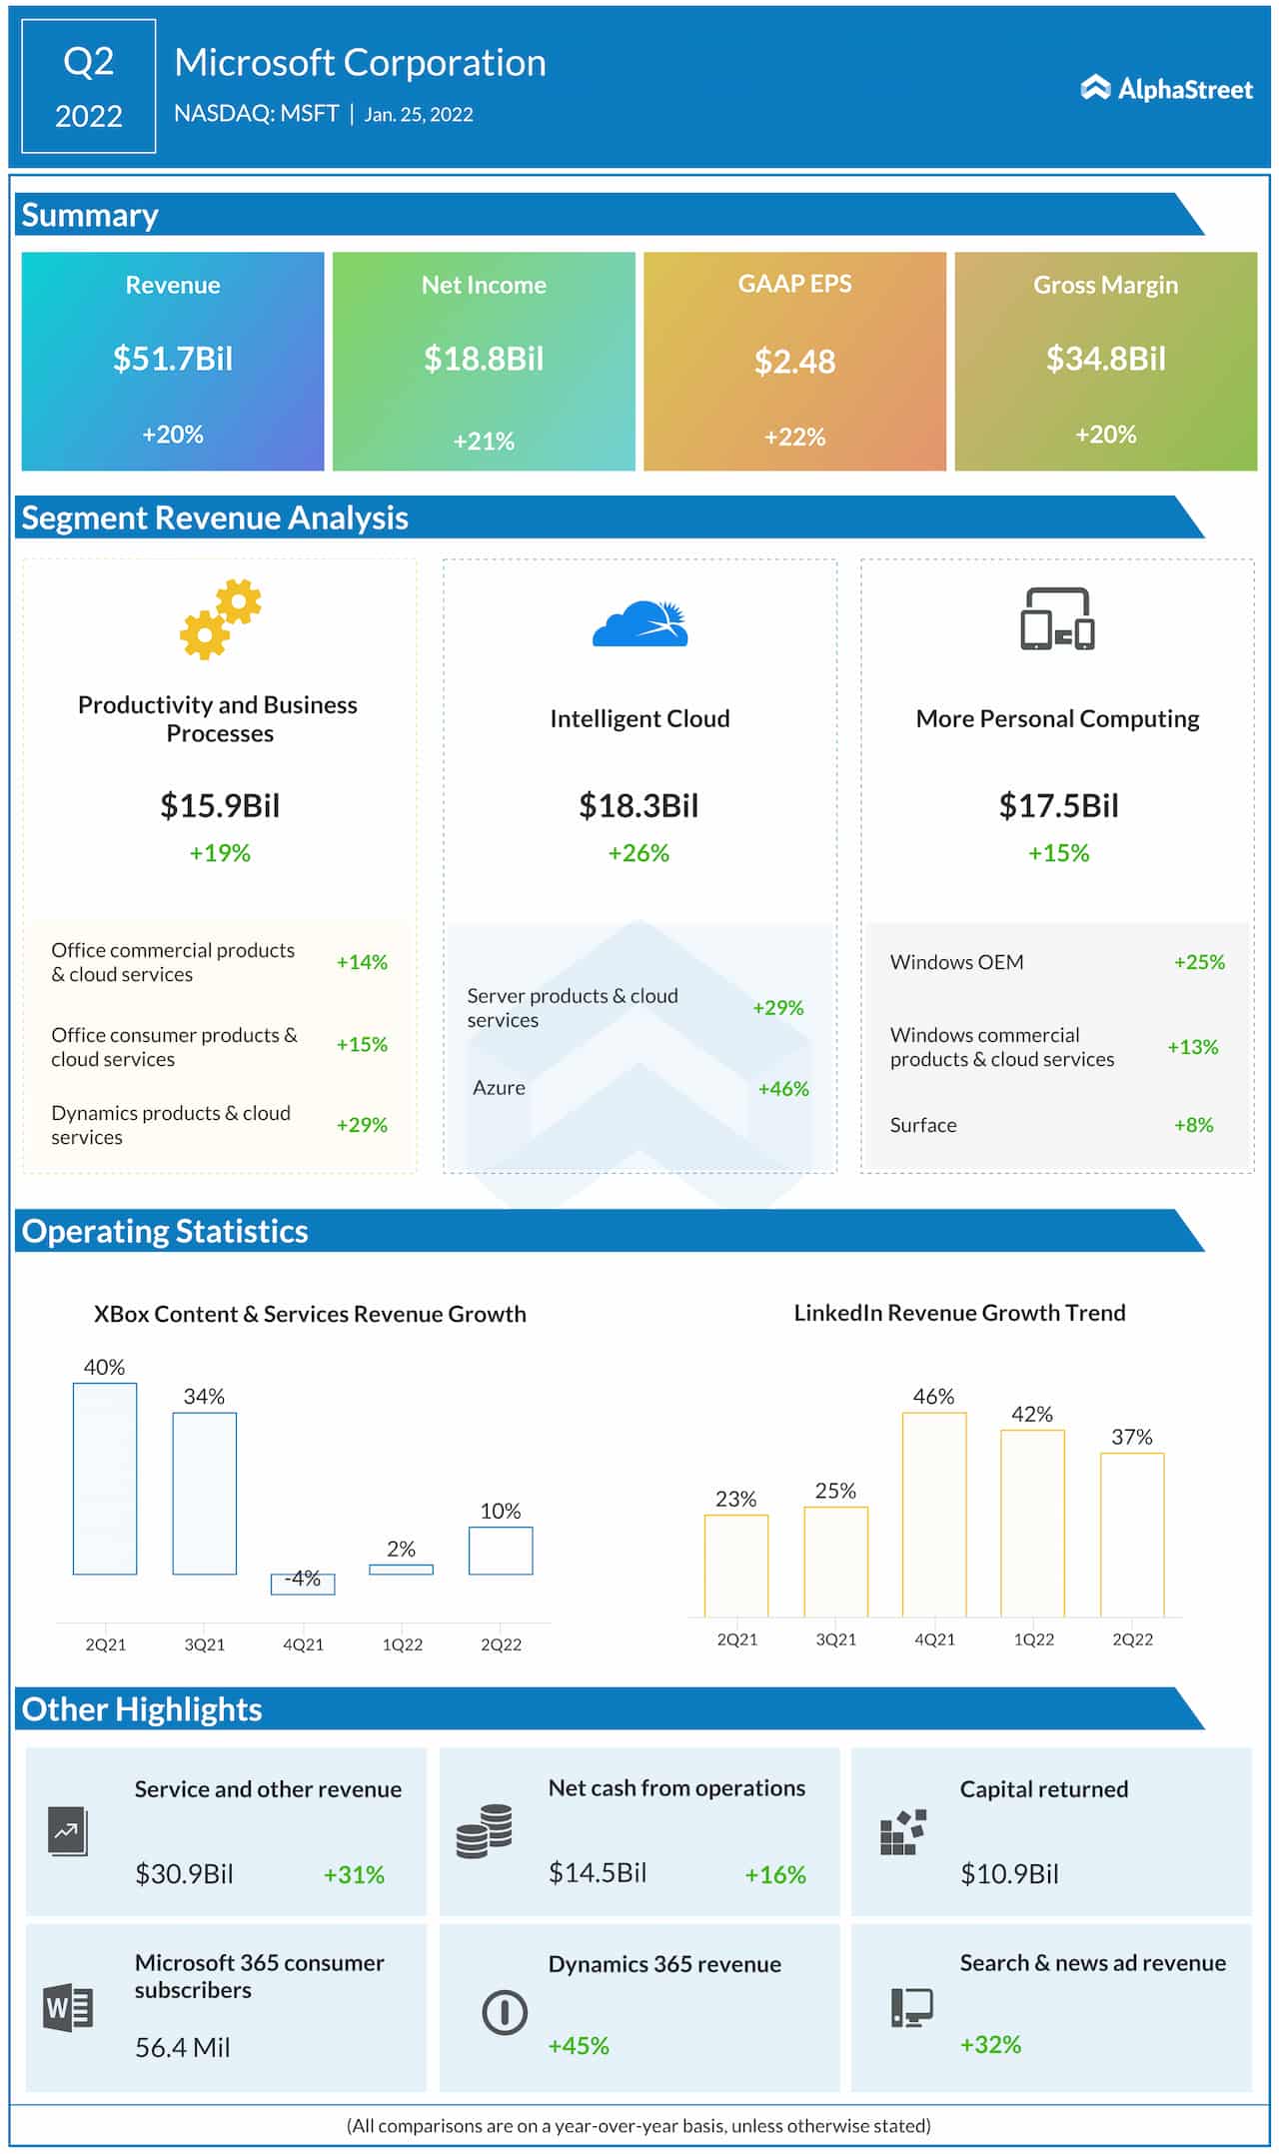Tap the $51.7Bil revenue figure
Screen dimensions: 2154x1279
[172, 359]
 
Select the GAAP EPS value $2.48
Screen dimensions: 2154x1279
[794, 362]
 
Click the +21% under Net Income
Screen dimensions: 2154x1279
[484, 441]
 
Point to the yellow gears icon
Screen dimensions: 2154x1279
[220, 618]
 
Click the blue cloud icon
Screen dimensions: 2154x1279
[640, 624]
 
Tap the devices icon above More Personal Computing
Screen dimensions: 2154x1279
[1057, 619]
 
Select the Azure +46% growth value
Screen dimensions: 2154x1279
[782, 1089]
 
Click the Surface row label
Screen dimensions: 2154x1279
[922, 1125]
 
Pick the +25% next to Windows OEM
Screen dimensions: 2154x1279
[1198, 962]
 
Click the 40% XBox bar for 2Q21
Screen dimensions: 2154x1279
[105, 1479]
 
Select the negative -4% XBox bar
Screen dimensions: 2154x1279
[303, 1584]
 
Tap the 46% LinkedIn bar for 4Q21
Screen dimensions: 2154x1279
[934, 1514]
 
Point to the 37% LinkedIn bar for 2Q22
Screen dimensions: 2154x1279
[1132, 1534]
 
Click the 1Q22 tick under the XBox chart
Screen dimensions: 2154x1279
[402, 1644]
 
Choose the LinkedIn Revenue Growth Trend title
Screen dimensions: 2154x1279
[959, 1313]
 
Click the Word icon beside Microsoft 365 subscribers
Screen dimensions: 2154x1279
[68, 2007]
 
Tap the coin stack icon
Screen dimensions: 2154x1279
[485, 1831]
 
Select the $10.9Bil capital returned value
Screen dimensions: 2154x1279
[1009, 1874]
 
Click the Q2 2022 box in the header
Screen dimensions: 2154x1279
[89, 87]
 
